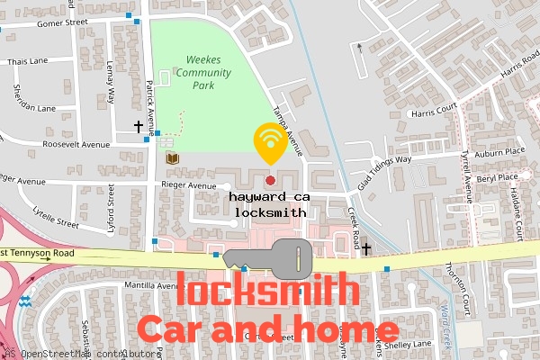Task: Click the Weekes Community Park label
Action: point(204,73)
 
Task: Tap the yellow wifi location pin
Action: point(268,142)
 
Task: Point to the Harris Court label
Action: point(434,113)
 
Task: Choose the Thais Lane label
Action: point(26,62)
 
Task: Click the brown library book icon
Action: point(172,159)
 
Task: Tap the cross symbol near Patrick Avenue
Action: point(138,127)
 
